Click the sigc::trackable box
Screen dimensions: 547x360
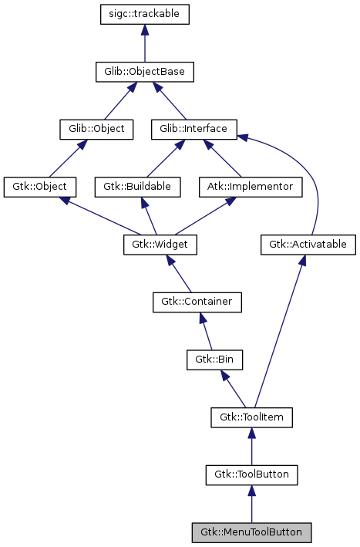(x=144, y=15)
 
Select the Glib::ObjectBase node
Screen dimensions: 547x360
(x=144, y=72)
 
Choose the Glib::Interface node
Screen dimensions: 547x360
(x=193, y=129)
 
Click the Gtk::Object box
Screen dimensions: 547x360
(x=39, y=187)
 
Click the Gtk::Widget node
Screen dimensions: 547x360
(x=160, y=245)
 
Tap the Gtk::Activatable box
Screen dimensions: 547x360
(x=308, y=245)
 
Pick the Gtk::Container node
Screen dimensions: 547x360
(x=197, y=302)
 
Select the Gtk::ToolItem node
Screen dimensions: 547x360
(x=251, y=417)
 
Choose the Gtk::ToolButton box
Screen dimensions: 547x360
(x=251, y=474)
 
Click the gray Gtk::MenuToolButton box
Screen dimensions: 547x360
(x=251, y=532)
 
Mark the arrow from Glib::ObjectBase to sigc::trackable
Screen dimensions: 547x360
(x=144, y=43)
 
